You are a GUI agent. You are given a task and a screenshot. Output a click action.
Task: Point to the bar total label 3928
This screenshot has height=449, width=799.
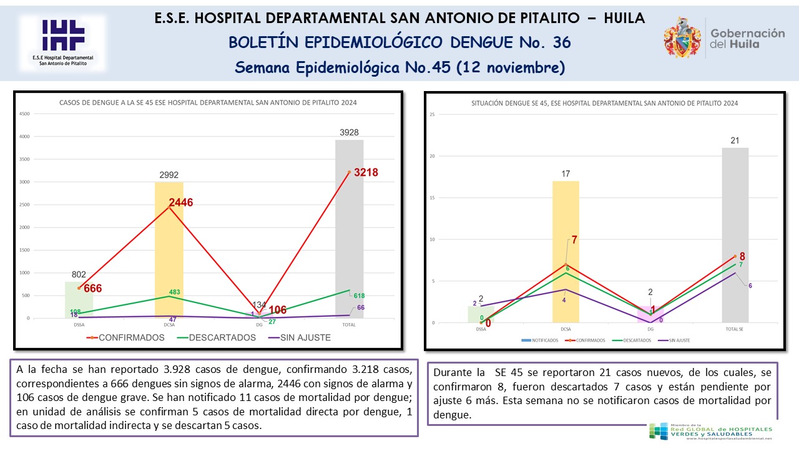coord(349,132)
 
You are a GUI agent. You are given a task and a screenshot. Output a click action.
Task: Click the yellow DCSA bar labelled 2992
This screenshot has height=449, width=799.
coord(169,249)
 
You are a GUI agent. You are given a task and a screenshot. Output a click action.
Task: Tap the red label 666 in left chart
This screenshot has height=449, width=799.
coord(92,288)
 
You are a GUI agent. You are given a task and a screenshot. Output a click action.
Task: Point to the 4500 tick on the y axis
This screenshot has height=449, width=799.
coord(24,114)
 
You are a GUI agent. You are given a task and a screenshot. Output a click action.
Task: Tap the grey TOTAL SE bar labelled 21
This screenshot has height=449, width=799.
coord(735,234)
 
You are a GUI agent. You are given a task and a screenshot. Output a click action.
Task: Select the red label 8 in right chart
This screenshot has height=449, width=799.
coord(742,256)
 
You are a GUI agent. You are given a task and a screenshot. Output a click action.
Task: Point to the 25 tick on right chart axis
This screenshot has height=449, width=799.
coord(431,114)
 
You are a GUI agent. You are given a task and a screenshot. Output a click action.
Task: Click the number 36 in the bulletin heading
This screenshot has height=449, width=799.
coord(561,42)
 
